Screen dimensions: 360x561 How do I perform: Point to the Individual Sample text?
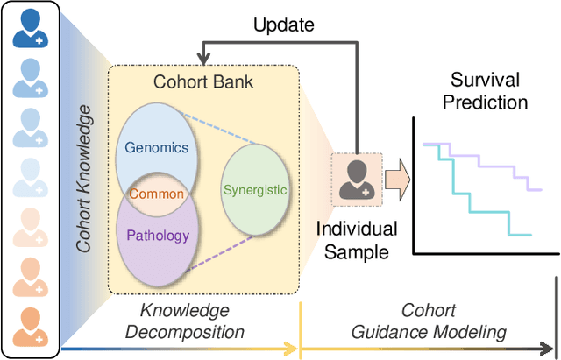coord(356,241)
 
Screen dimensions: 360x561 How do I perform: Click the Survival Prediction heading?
coord(484,90)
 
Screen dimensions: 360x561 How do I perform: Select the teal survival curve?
coord(473,197)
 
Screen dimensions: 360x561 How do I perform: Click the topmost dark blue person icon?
coord(29,29)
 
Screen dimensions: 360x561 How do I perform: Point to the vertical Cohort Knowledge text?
coord(83,179)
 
